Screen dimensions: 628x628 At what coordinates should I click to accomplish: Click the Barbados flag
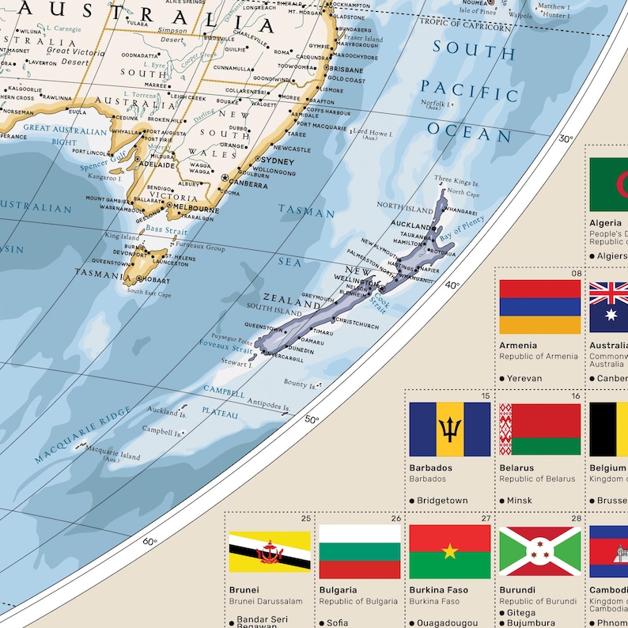click(449, 429)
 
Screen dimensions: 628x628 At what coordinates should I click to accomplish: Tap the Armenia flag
click(539, 306)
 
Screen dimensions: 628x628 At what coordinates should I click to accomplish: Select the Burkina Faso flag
click(449, 551)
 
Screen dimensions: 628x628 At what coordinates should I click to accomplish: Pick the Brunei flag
click(269, 551)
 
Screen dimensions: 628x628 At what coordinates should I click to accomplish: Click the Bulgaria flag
click(360, 551)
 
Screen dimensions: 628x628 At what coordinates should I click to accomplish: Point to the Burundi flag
click(539, 551)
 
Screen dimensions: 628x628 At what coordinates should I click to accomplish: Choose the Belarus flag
click(539, 429)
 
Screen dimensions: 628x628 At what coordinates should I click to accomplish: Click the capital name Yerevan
click(524, 378)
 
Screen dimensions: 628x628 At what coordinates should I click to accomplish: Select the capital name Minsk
click(520, 501)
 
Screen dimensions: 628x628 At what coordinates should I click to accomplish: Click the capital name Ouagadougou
click(447, 622)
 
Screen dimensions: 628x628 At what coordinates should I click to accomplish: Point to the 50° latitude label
click(312, 419)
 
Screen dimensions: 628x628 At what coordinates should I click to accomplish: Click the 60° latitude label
click(149, 542)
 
